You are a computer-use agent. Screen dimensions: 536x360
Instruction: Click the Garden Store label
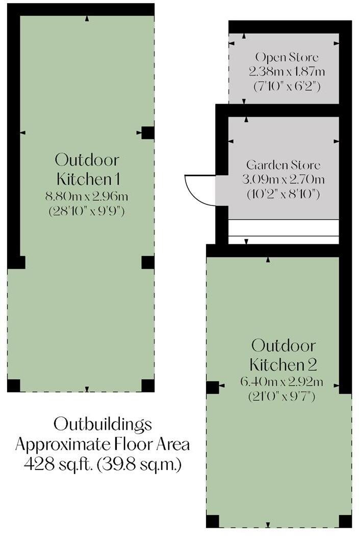[x=283, y=165]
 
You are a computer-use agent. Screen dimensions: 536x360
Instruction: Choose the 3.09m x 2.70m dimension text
[x=283, y=179]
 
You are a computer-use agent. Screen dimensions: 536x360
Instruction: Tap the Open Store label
[x=287, y=57]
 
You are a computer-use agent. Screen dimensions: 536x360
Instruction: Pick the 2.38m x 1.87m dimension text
[x=287, y=71]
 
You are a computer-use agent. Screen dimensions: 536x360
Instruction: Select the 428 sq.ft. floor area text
[x=102, y=465]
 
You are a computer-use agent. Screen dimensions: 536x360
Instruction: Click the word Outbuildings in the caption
[x=102, y=424]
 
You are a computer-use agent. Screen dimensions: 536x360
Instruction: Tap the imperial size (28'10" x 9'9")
[x=87, y=209]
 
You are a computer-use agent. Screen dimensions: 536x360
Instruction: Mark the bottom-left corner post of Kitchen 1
[x=14, y=385]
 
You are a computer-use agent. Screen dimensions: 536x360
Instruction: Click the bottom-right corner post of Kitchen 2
[x=345, y=521]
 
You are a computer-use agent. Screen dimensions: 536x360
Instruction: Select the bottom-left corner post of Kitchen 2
[x=213, y=521]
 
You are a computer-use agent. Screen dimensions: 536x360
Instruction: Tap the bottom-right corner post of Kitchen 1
[x=147, y=385]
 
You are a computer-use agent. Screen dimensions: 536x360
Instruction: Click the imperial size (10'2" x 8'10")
[x=283, y=194]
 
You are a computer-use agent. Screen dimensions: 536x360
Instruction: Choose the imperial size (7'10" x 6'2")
[x=287, y=85]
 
